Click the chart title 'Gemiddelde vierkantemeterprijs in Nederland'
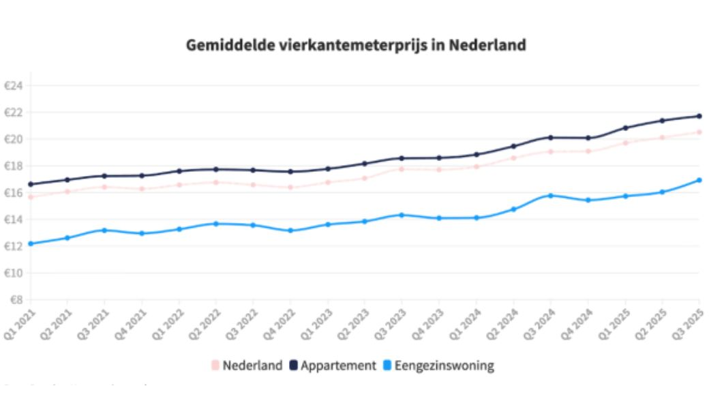pyautogui.click(x=356, y=46)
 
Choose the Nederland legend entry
pyautogui.click(x=246, y=366)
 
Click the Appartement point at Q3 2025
pyautogui.click(x=699, y=116)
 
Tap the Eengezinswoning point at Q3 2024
pyautogui.click(x=551, y=196)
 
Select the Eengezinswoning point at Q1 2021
pyautogui.click(x=31, y=243)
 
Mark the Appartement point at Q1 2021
pyautogui.click(x=31, y=184)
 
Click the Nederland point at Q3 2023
pyautogui.click(x=402, y=168)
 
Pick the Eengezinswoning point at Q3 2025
pyautogui.click(x=699, y=180)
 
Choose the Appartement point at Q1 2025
pyautogui.click(x=625, y=128)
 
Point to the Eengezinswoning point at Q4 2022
pyautogui.click(x=290, y=231)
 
